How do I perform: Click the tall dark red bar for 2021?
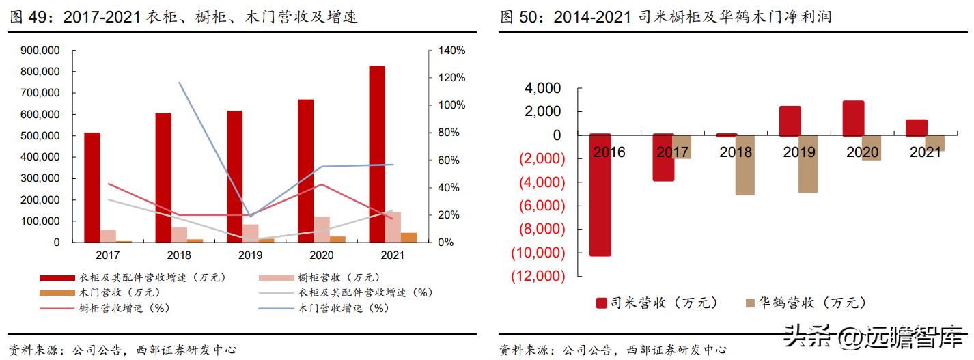[377, 154]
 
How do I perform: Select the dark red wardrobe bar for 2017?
[92, 187]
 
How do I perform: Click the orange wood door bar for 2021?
[408, 237]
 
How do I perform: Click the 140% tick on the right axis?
[451, 51]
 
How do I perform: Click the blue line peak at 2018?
[179, 83]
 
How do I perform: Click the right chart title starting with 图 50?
[665, 17]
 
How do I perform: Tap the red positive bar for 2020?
[853, 118]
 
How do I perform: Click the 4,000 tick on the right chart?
[542, 88]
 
